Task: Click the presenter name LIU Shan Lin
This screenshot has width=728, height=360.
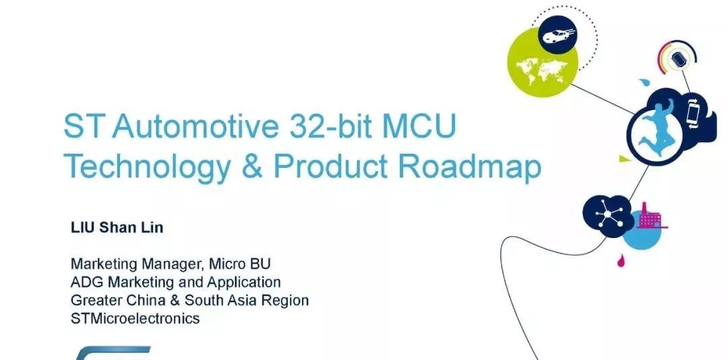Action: (x=117, y=228)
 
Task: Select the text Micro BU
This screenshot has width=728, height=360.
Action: (x=239, y=264)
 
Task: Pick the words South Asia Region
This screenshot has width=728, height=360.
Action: (x=247, y=301)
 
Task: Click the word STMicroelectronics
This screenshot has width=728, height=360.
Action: (x=135, y=318)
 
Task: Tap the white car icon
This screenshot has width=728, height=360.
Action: (x=558, y=35)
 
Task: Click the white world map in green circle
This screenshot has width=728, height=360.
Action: (x=542, y=71)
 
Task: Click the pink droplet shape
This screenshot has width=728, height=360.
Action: (x=620, y=261)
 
